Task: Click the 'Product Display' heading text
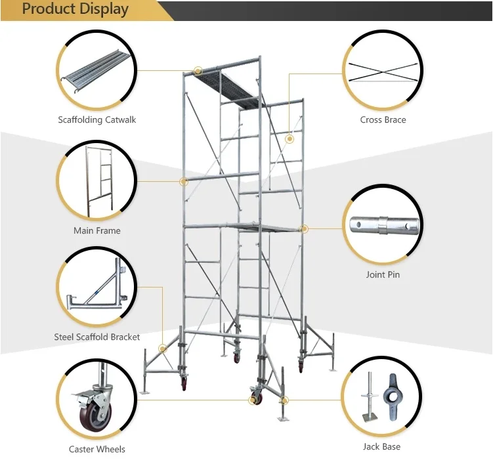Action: click(x=75, y=10)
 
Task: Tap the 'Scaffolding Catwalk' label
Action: click(x=96, y=120)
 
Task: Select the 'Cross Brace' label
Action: click(x=383, y=120)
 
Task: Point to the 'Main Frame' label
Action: click(x=96, y=231)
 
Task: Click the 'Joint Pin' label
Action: click(x=383, y=275)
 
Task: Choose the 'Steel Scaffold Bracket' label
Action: click(x=96, y=337)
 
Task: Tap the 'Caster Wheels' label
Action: click(x=96, y=450)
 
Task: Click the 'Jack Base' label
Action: click(x=382, y=447)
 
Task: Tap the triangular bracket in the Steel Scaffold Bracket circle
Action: click(x=98, y=289)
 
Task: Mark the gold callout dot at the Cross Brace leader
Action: click(x=289, y=139)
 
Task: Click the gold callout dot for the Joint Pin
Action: click(x=305, y=228)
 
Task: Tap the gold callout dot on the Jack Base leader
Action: click(x=284, y=399)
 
